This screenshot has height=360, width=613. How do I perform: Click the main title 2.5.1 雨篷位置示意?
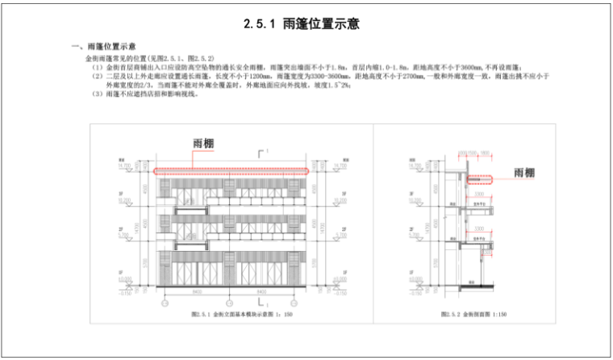[306, 25]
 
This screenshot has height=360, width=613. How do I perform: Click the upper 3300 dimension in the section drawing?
[478, 195]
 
